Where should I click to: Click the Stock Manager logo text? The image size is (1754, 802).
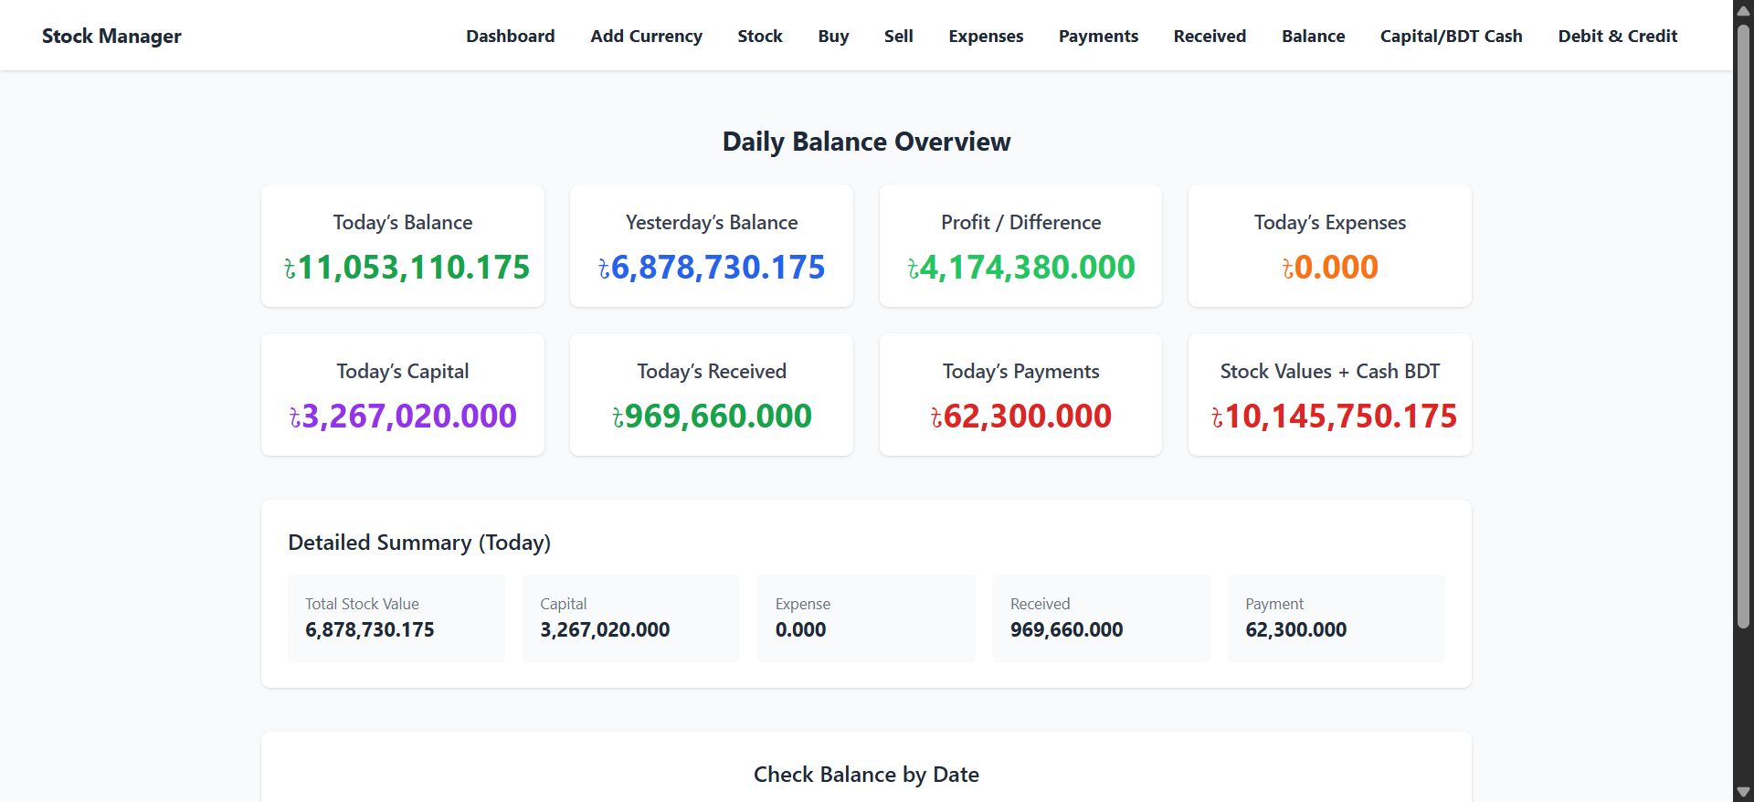[x=111, y=37]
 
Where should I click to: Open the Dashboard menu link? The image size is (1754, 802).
[x=510, y=37]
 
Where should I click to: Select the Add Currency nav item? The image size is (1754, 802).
[x=646, y=37]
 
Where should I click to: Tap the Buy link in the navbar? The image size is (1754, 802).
[x=833, y=37]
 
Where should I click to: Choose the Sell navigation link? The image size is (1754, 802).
[x=898, y=37]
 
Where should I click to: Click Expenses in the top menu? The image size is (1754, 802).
[x=986, y=37]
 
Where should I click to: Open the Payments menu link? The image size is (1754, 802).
[x=1098, y=37]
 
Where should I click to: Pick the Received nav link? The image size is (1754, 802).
[x=1210, y=37]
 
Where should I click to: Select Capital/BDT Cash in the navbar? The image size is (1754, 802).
[x=1451, y=37]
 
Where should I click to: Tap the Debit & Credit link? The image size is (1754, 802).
[x=1617, y=37]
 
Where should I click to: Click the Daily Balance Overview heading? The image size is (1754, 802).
[x=866, y=142]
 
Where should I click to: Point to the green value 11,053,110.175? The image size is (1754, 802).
[x=407, y=268]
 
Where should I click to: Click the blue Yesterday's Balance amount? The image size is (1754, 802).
[x=712, y=268]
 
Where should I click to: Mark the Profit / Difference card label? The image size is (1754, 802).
[x=1020, y=223]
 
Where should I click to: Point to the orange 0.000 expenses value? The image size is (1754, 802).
[x=1330, y=268]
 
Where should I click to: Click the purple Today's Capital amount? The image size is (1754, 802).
[x=403, y=417]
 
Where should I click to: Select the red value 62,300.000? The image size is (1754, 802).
[x=1021, y=417]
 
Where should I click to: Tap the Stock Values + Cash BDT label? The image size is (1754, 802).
[x=1329, y=372]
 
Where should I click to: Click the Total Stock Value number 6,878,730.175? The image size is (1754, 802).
[x=369, y=630]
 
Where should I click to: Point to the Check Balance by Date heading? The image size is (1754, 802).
[x=866, y=775]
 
